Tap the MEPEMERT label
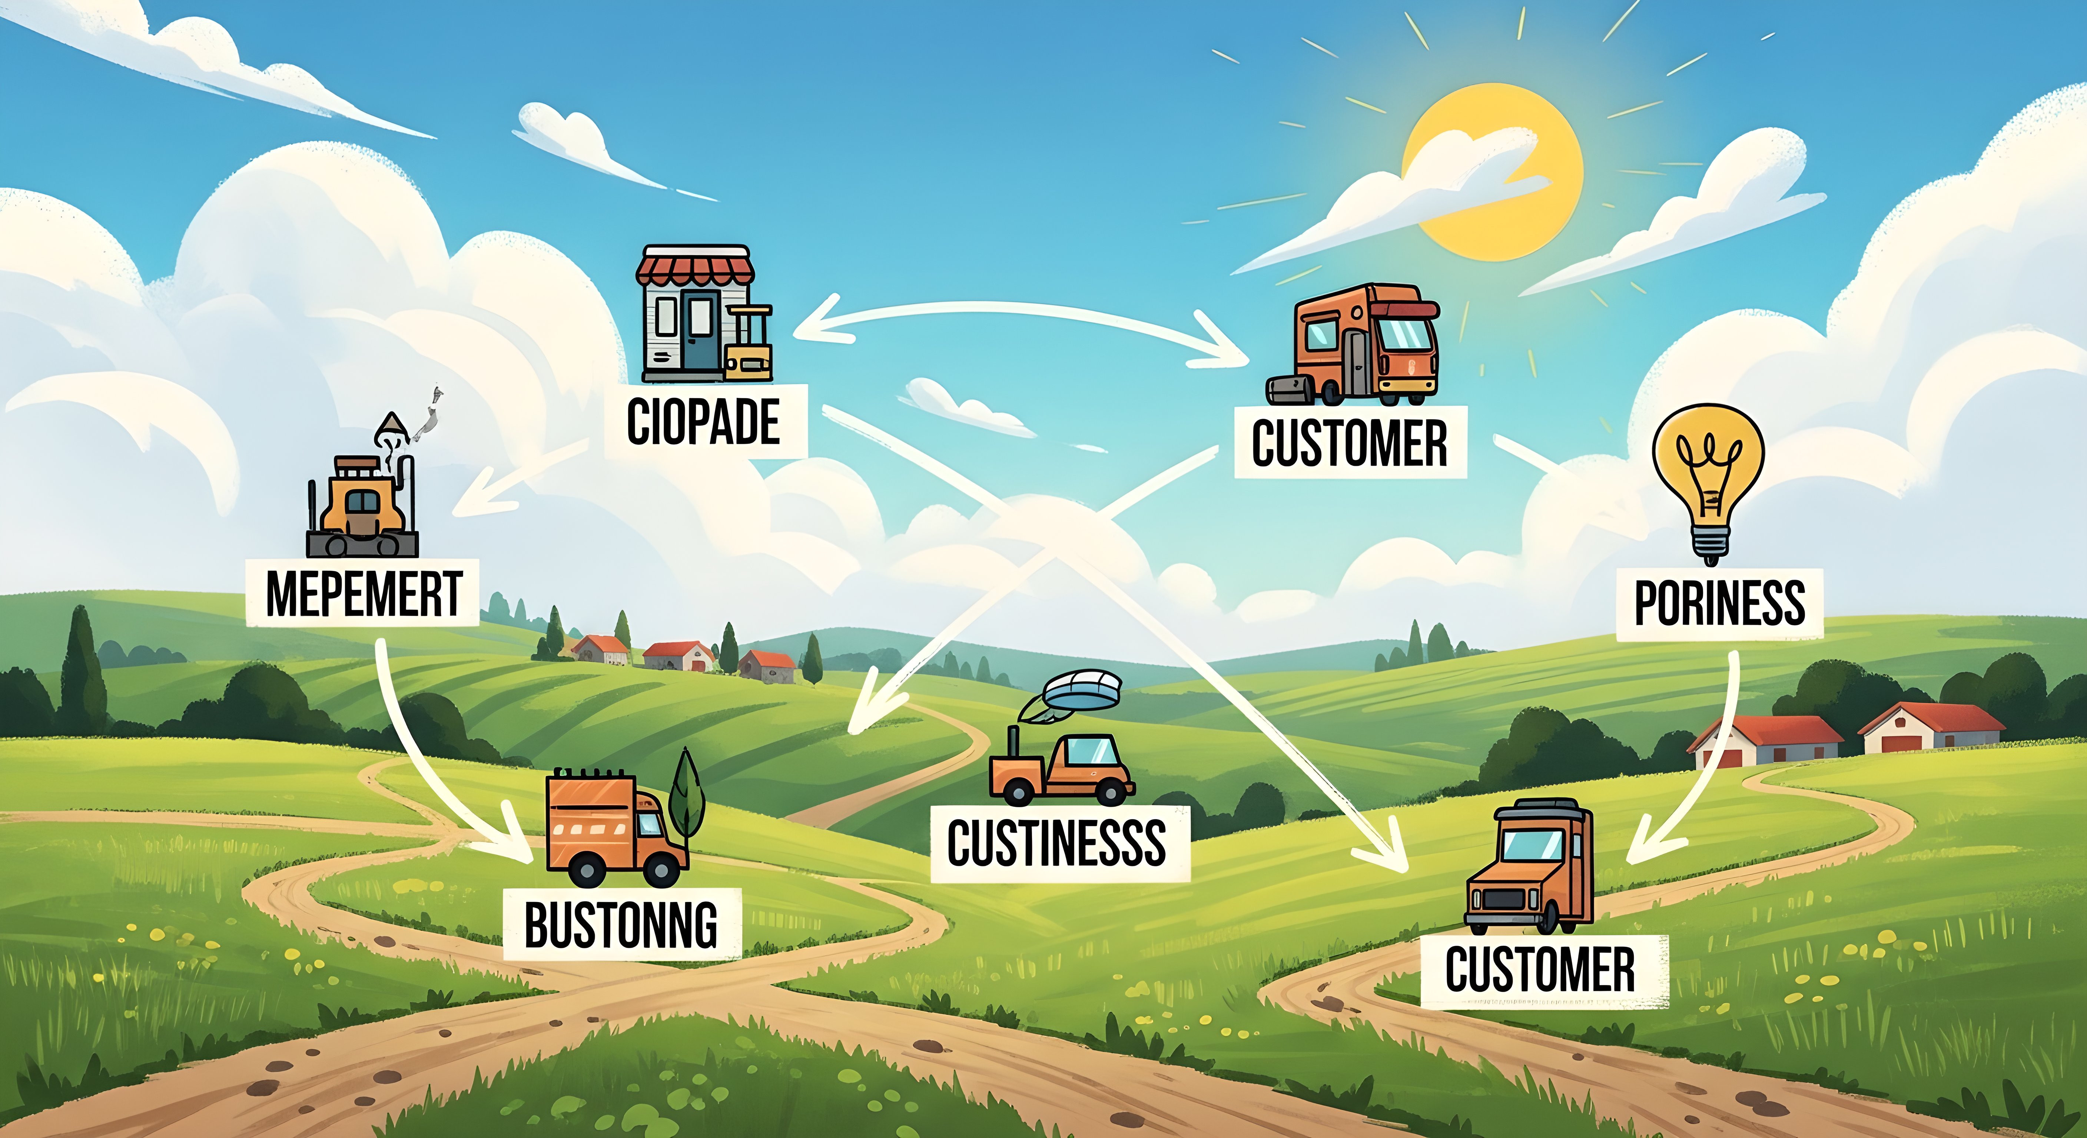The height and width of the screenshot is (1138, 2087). pyautogui.click(x=364, y=594)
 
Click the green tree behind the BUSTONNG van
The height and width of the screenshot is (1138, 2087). pyautogui.click(x=686, y=794)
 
